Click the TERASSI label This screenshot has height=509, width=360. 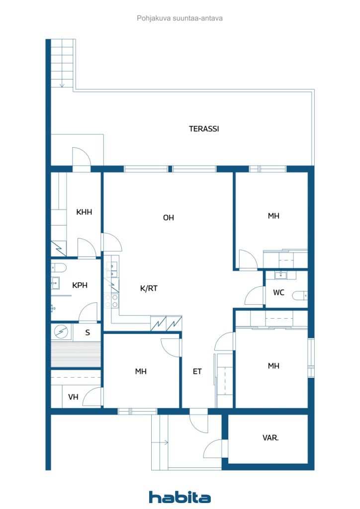click(204, 129)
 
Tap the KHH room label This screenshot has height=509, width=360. click(84, 212)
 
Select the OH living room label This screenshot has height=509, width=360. click(169, 218)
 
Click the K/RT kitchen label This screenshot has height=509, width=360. click(149, 288)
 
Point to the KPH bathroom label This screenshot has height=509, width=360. click(80, 285)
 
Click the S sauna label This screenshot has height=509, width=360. click(88, 333)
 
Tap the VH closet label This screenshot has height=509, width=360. click(74, 397)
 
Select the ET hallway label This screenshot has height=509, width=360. click(197, 371)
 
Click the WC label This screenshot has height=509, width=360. click(278, 292)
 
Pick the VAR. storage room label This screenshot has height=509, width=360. click(270, 438)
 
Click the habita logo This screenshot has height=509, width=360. click(180, 497)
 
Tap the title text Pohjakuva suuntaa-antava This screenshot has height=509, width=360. click(180, 18)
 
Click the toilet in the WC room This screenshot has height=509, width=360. click(300, 296)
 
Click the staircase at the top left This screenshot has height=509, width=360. click(63, 64)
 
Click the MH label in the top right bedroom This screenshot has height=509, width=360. click(273, 216)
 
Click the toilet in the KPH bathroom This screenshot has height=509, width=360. click(58, 268)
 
